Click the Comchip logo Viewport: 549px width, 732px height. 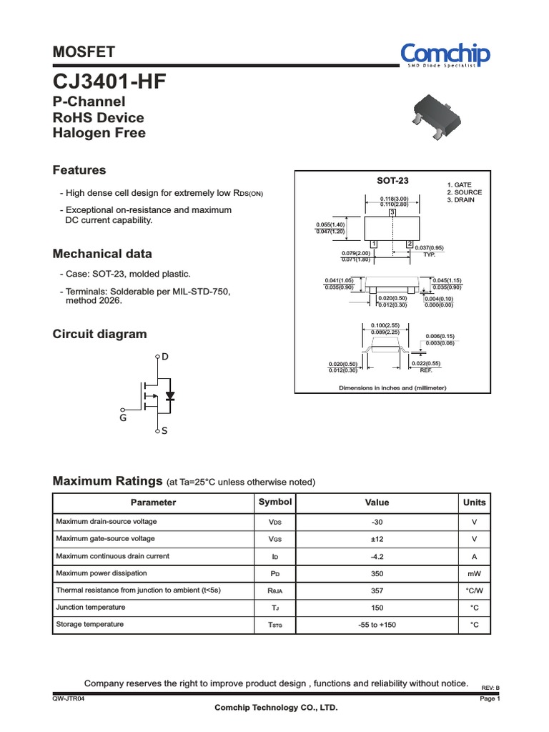pyautogui.click(x=447, y=54)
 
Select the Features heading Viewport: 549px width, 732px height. pyautogui.click(x=79, y=170)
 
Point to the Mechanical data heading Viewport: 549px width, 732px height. pyautogui.click(x=102, y=254)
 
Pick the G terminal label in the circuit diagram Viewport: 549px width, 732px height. pyautogui.click(x=123, y=418)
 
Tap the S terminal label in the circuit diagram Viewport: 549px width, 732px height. pyautogui.click(x=164, y=432)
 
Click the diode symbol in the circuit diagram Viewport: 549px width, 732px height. pyautogui.click(x=169, y=395)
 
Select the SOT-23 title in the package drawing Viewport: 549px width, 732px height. pyautogui.click(x=392, y=181)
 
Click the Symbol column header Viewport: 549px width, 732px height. pyautogui.click(x=274, y=503)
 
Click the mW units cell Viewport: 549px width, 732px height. pyautogui.click(x=474, y=573)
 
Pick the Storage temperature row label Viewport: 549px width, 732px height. pyautogui.click(x=89, y=624)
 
